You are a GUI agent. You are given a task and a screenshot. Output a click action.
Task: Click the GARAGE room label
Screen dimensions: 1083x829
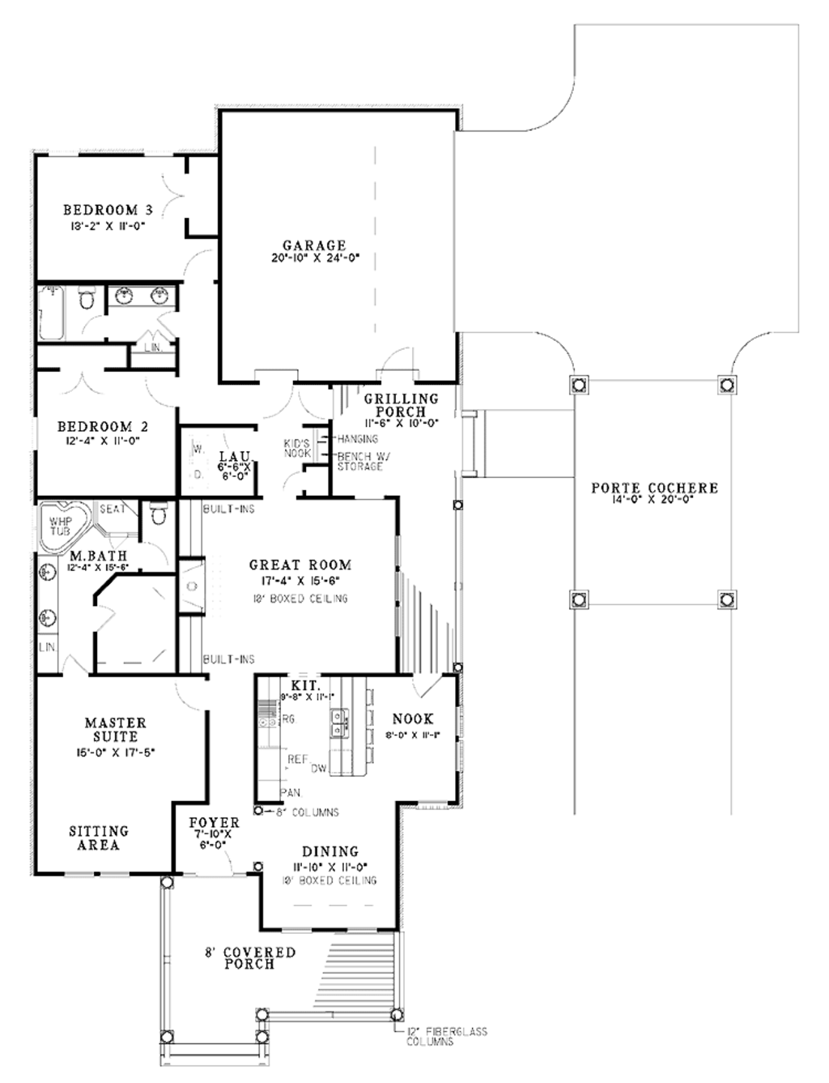[x=314, y=245]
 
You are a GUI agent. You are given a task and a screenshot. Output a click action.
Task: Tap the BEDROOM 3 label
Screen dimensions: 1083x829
[x=108, y=211]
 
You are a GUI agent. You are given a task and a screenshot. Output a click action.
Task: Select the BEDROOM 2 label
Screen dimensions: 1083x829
[x=102, y=427]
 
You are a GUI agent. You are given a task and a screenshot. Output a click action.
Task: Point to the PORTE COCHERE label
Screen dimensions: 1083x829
[x=654, y=488]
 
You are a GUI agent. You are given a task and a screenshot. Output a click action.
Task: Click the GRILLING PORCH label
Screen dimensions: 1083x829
[x=401, y=405]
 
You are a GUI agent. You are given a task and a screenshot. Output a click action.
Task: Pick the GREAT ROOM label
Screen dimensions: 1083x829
[x=300, y=565]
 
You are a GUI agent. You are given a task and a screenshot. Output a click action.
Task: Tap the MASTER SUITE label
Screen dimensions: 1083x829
[x=116, y=730]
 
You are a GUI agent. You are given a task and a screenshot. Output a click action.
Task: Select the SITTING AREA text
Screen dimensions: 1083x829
[x=98, y=838]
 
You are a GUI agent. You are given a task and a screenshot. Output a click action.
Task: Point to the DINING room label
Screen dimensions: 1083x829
[x=330, y=851]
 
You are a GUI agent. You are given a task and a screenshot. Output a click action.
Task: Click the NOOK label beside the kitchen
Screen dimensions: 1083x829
[x=413, y=718]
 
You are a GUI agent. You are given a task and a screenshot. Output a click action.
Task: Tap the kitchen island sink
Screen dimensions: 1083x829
[x=339, y=718]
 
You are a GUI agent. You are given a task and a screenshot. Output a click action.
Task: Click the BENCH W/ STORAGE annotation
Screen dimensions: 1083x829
[x=363, y=462]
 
